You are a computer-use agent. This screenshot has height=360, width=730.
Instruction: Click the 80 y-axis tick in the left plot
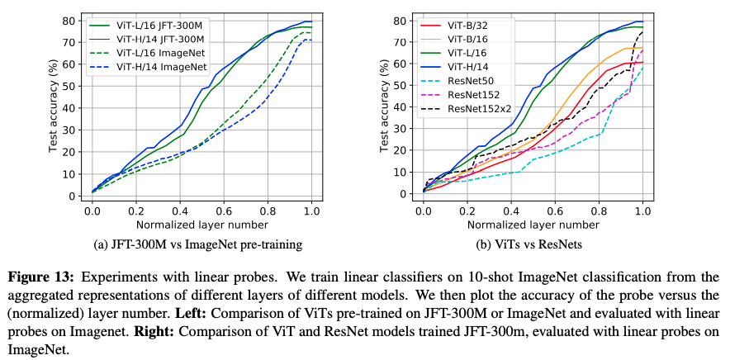click(74, 20)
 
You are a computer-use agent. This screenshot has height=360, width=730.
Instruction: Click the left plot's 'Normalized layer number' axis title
click(202, 224)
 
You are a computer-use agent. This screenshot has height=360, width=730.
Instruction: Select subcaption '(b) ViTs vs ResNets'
click(533, 244)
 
